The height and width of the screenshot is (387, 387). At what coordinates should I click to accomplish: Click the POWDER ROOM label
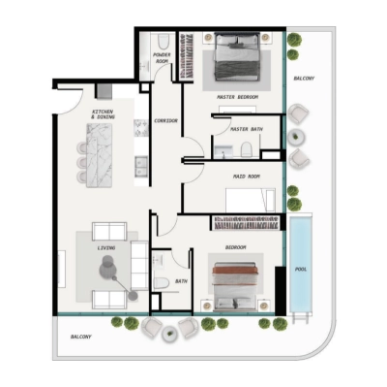[162, 57]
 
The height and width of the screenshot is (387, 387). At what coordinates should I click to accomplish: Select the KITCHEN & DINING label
[103, 113]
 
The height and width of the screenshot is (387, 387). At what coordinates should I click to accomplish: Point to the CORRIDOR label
[166, 120]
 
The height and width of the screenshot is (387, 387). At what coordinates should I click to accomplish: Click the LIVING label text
[106, 248]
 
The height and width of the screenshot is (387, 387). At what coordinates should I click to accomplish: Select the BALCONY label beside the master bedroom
[304, 78]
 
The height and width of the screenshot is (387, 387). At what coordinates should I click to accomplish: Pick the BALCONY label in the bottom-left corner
[81, 337]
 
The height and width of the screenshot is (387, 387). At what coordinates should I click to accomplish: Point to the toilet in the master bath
[248, 148]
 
